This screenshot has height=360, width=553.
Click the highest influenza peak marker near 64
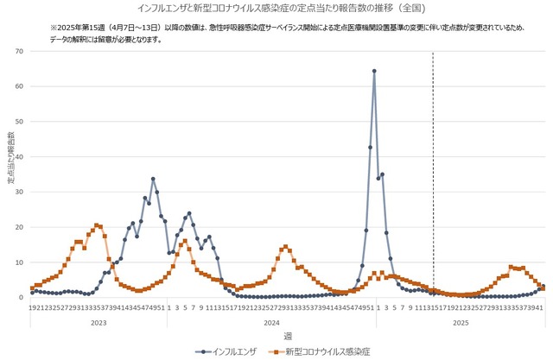374,71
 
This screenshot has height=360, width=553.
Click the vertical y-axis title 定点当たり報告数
10,159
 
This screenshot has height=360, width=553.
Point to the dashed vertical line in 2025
432,173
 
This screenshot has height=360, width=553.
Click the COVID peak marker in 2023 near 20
97,225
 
